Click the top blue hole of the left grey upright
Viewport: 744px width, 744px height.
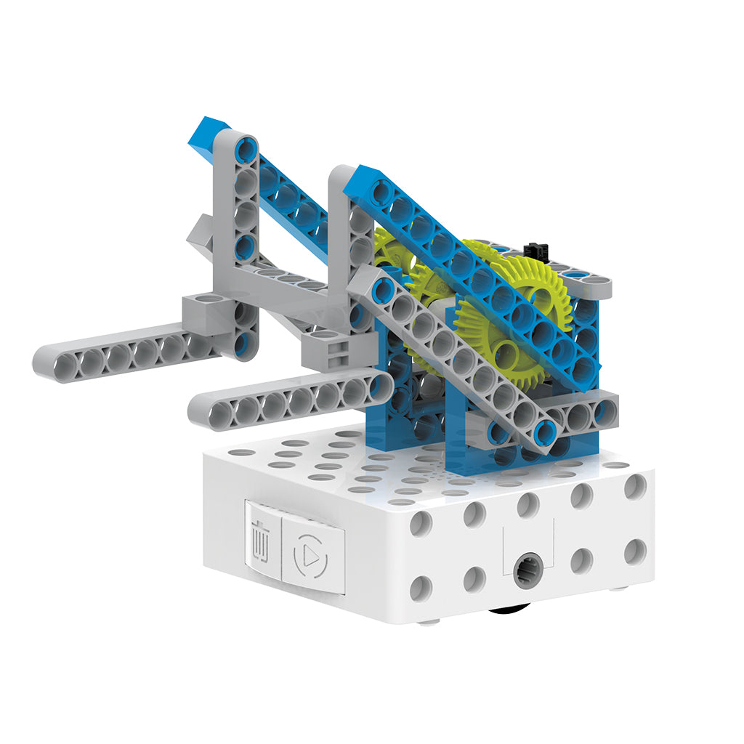[246, 150]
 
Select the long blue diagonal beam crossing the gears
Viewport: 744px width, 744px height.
[472, 276]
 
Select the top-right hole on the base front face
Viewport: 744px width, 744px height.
[634, 487]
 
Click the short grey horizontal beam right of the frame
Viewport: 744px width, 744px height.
[581, 413]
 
